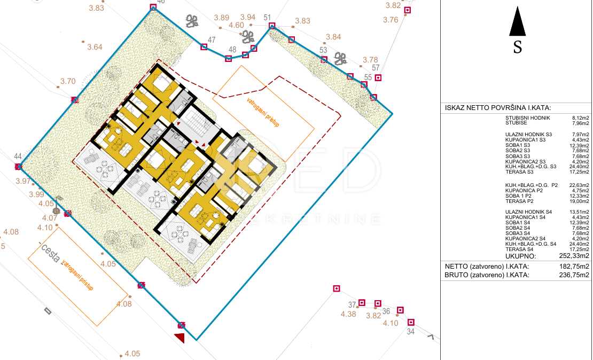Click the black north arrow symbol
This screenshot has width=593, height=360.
517,22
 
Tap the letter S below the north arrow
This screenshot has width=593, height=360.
517,48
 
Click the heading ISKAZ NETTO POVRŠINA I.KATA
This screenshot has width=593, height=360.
498,108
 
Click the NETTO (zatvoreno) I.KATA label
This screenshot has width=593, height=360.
487,266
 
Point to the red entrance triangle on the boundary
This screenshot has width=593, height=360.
180,337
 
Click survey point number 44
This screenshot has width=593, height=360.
18,156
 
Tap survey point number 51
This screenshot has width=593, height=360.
268,18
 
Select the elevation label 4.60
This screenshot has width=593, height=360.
236,25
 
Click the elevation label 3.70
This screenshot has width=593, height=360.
68,82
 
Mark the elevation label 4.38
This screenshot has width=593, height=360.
348,314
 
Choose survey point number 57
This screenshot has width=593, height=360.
376,68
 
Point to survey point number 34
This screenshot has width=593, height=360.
410,332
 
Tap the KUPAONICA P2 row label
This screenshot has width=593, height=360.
524,191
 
